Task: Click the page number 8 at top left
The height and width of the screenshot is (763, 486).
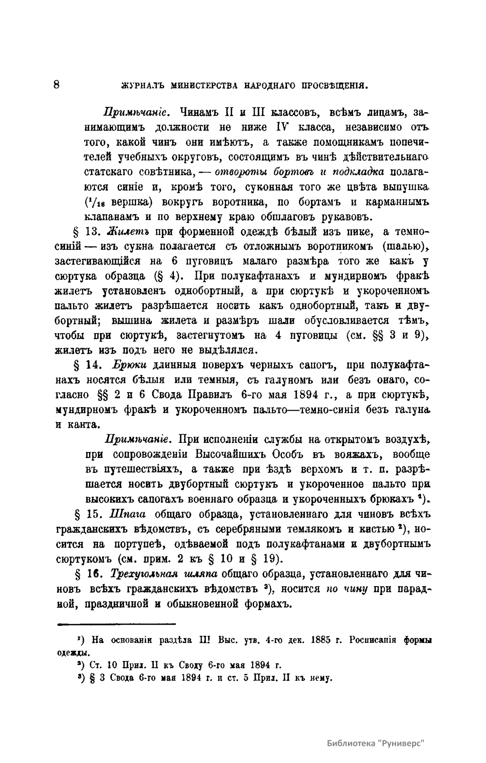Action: (56, 84)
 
